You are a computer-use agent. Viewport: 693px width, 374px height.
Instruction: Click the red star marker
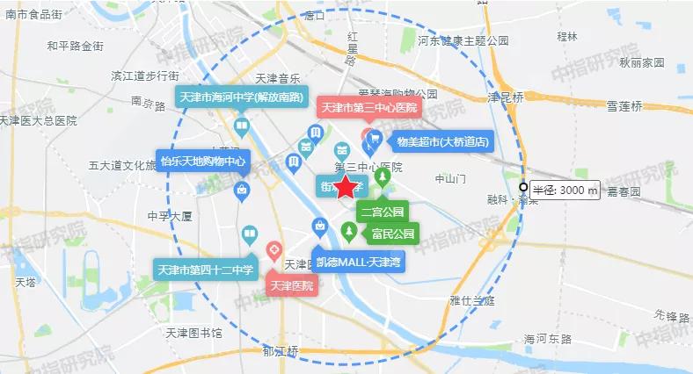pos(346,186)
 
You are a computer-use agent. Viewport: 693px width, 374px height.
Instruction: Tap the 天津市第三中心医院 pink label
pos(368,109)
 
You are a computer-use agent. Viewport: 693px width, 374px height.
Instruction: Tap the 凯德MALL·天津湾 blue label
pos(360,261)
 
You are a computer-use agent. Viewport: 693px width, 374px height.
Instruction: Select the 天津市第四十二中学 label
pos(206,270)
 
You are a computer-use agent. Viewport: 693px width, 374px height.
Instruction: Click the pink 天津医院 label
pos(291,286)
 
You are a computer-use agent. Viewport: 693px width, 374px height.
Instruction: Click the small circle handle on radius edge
pos(524,188)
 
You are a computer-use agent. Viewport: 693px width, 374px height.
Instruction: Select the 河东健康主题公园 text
pos(463,40)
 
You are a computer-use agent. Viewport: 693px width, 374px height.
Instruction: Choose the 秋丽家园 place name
pos(641,63)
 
